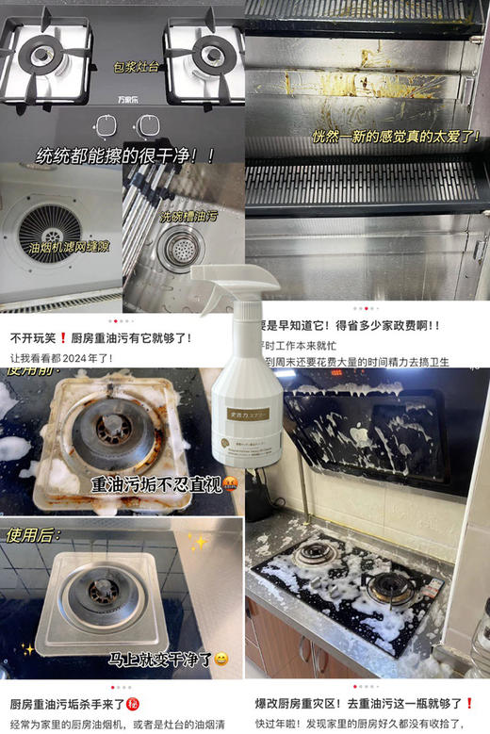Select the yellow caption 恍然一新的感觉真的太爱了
396,137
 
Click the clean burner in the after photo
102,594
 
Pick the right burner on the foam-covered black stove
391,586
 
